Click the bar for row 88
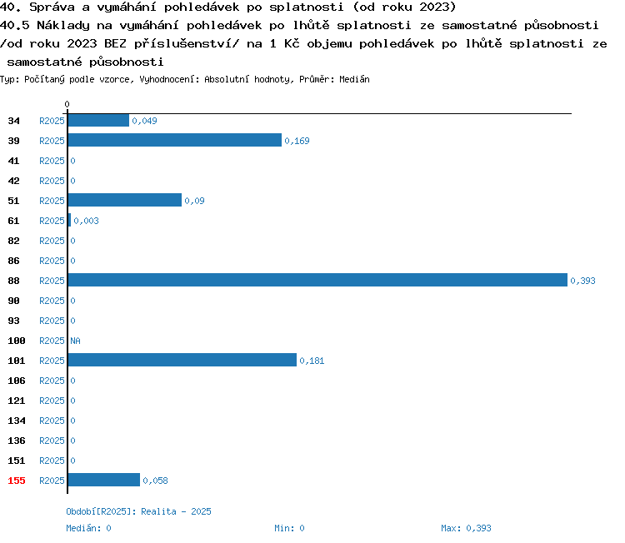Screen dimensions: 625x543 317,280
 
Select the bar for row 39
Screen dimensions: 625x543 175,140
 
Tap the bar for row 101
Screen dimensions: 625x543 182,360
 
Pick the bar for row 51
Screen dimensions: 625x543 125,200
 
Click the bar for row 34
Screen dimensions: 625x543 98,120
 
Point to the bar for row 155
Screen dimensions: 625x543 104,480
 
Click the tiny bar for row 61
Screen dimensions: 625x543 69,221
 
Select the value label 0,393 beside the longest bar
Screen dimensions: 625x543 582,281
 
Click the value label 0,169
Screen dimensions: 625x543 297,141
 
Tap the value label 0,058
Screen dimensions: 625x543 155,481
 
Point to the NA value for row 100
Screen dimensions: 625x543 75,341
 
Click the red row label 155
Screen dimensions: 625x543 17,481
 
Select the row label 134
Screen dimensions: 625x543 17,421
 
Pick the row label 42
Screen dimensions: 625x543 13,181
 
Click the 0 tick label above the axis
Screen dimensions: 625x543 67,104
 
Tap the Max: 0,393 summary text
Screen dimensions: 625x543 466,528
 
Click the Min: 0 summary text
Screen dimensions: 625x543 289,528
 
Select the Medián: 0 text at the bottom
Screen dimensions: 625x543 88,528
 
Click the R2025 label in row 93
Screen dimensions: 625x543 52,321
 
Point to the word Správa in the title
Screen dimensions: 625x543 52,7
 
